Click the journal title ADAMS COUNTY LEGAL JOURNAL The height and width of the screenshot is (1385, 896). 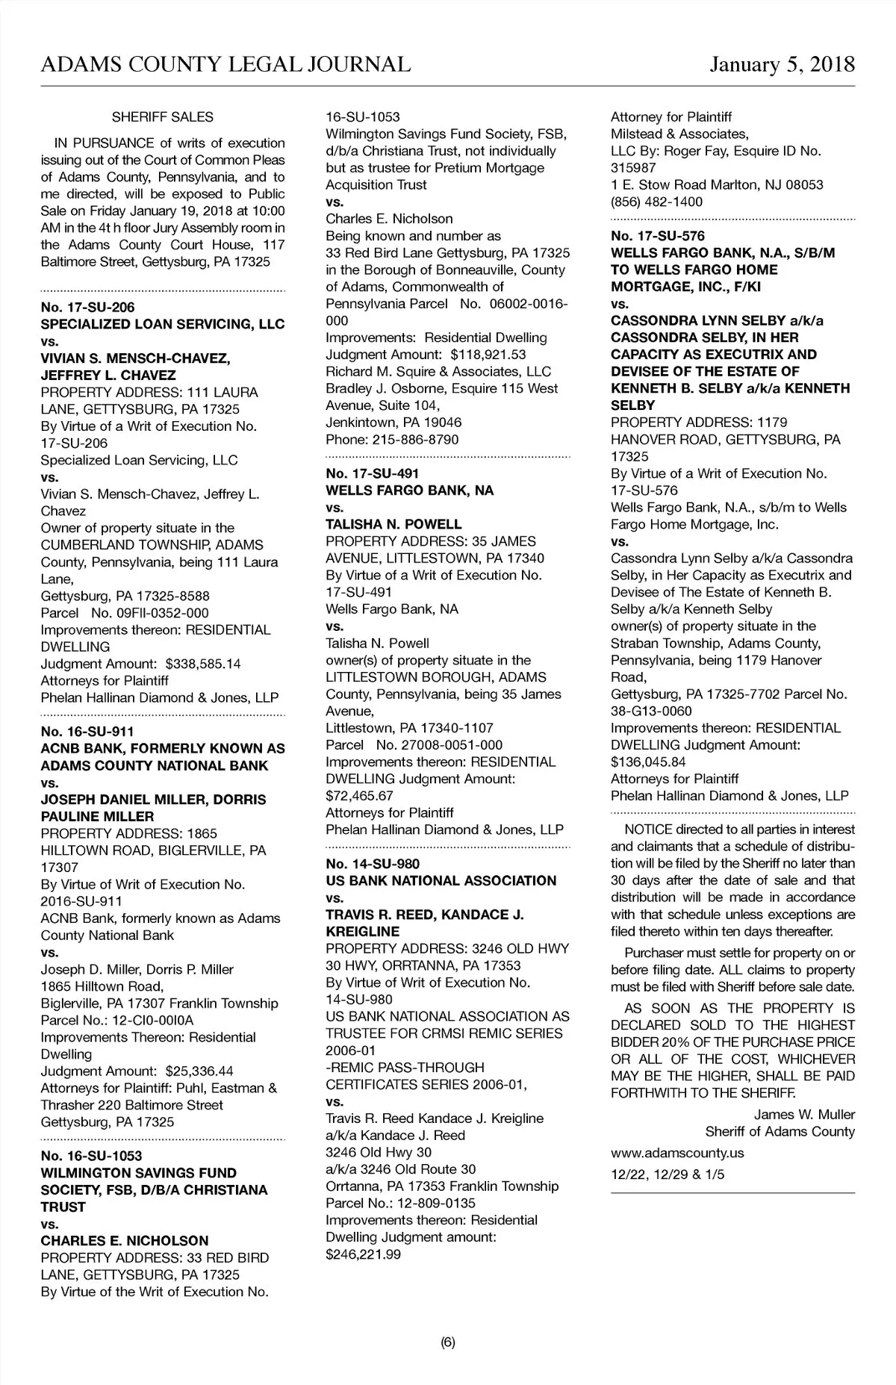(x=225, y=64)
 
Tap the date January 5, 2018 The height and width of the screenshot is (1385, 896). (x=782, y=64)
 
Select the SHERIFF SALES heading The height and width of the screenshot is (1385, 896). (x=162, y=117)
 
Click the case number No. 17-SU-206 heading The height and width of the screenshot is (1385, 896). (x=87, y=308)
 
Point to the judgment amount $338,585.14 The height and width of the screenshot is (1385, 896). (x=203, y=664)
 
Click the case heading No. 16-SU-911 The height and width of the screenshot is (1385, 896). (x=87, y=732)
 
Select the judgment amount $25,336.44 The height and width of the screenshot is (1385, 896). (x=199, y=1071)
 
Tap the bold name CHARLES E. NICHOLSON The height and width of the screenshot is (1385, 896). (x=125, y=1241)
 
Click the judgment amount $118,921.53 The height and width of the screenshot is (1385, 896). (x=488, y=355)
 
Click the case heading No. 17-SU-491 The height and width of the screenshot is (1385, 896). (x=373, y=473)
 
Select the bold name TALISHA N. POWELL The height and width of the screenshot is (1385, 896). (x=393, y=524)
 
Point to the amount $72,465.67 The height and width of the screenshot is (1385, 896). (x=359, y=796)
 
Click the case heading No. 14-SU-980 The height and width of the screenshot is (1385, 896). (x=373, y=864)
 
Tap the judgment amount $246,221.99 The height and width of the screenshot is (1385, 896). (x=363, y=1254)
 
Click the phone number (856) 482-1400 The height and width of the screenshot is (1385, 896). (x=656, y=202)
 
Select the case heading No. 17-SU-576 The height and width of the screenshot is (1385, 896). (x=658, y=236)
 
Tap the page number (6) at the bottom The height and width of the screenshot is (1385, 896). (x=447, y=1343)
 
